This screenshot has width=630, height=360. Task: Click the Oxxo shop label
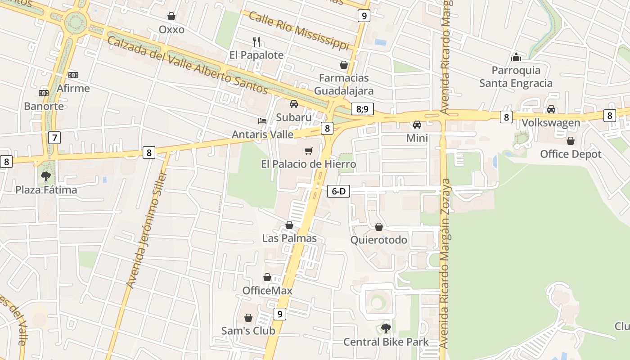pos(171,30)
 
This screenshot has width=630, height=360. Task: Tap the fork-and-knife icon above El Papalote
pos(256,42)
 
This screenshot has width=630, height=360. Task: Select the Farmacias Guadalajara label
pos(343,84)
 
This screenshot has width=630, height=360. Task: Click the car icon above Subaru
pos(294,104)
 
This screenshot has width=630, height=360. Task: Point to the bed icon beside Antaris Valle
pos(262,121)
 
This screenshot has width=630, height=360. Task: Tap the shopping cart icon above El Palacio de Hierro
pos(308,151)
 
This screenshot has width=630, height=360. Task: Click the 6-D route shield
pos(338,191)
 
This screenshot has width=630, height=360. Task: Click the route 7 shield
pos(54,137)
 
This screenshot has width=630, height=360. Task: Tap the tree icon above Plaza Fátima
pos(45,176)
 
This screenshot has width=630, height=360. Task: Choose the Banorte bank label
pos(44,107)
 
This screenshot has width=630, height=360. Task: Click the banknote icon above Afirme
pos(73,75)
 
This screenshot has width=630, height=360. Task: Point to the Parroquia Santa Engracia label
pos(516,76)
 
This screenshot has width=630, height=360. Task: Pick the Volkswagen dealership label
pos(551,123)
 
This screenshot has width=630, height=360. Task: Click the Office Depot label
pos(571,154)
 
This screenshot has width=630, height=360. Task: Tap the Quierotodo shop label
pos(379,240)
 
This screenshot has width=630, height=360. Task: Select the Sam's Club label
pos(248,331)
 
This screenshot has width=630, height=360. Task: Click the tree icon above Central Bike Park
pos(386,328)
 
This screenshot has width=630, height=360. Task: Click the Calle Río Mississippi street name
pos(299,31)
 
